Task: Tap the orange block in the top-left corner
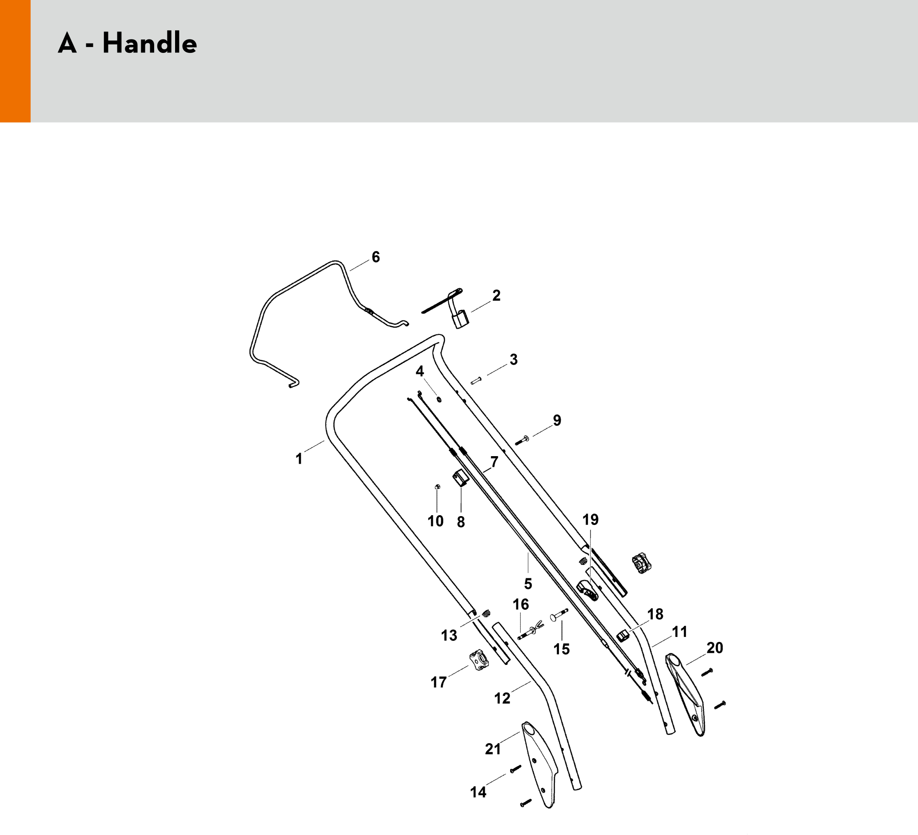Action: (15, 61)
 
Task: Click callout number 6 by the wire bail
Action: (375, 257)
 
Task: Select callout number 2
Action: (496, 295)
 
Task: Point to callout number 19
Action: (591, 520)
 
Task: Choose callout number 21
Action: (493, 748)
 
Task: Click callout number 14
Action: (478, 792)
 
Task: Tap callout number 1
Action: (299, 459)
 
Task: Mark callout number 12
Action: (502, 698)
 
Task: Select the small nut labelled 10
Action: (437, 487)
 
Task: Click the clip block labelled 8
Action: (460, 479)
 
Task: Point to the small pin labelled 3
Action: (476, 381)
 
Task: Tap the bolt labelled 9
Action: (521, 441)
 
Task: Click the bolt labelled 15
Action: (559, 615)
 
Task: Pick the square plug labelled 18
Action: (623, 635)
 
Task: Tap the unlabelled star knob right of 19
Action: (642, 563)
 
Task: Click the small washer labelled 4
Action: (439, 400)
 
